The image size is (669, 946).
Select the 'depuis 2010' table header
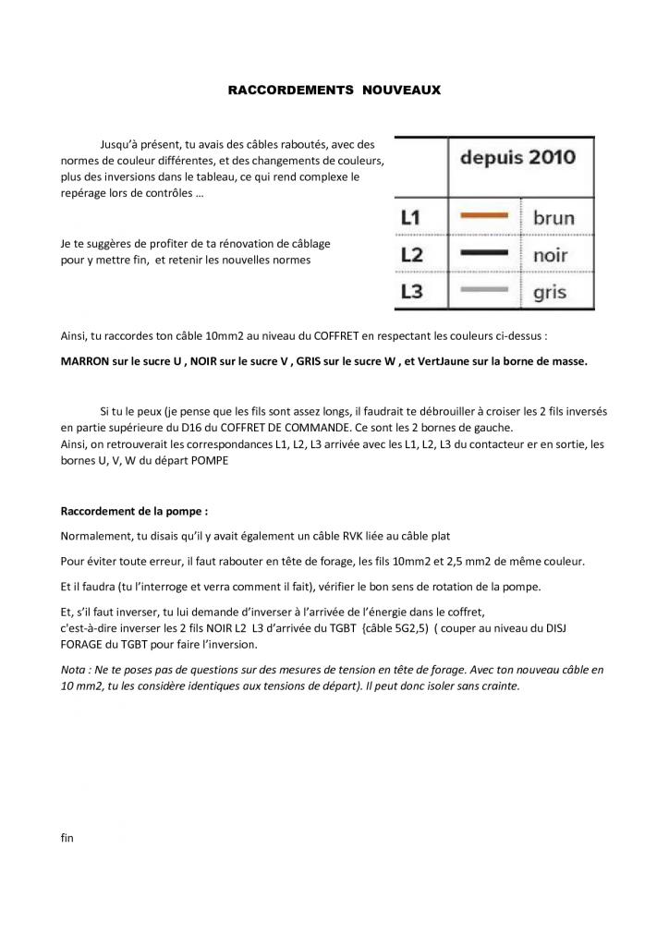tap(517, 156)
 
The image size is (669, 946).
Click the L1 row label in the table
tap(411, 217)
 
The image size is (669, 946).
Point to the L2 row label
tap(411, 254)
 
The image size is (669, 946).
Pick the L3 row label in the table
tap(411, 291)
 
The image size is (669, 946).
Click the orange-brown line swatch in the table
tap(484, 216)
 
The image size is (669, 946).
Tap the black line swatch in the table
tap(484, 252)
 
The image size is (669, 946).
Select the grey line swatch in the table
tap(484, 289)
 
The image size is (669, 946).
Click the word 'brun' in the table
tap(553, 218)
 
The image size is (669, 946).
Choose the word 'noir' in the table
tap(551, 255)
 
